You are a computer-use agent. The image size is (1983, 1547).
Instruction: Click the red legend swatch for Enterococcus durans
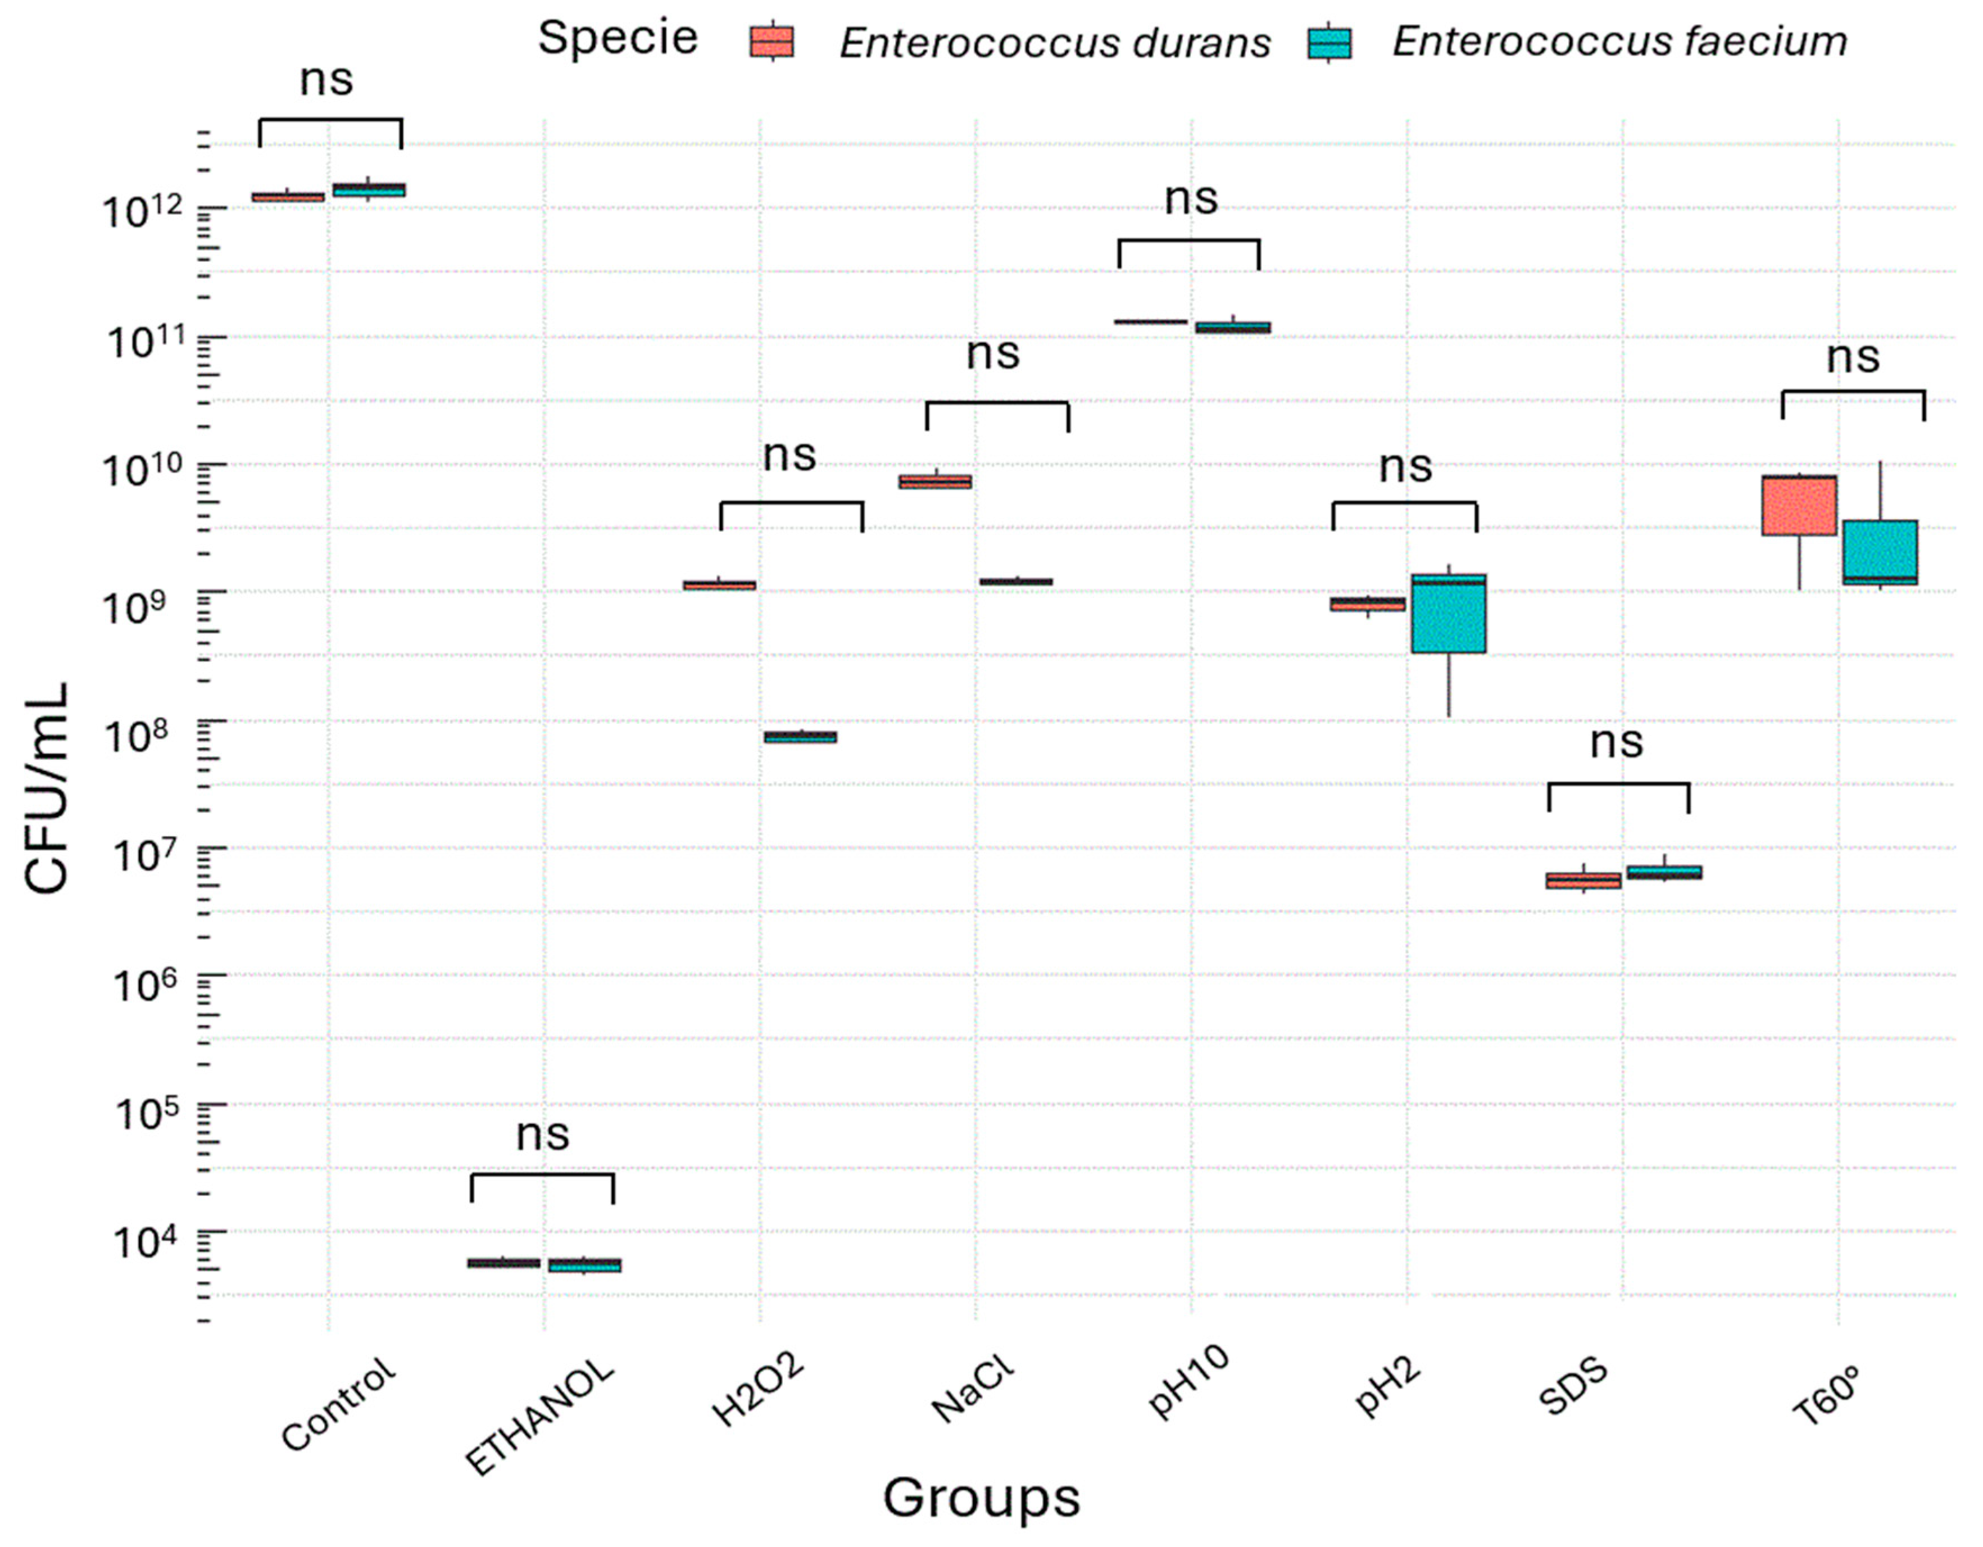772,42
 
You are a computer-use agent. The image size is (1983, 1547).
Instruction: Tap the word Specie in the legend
618,38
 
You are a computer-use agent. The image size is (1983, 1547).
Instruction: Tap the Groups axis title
982,1497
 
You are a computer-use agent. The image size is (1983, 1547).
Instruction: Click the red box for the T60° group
1799,506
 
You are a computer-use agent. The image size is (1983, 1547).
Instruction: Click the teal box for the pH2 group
1448,614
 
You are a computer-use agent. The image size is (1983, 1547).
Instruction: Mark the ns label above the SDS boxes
1616,743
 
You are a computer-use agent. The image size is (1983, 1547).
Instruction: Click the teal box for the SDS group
1663,873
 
